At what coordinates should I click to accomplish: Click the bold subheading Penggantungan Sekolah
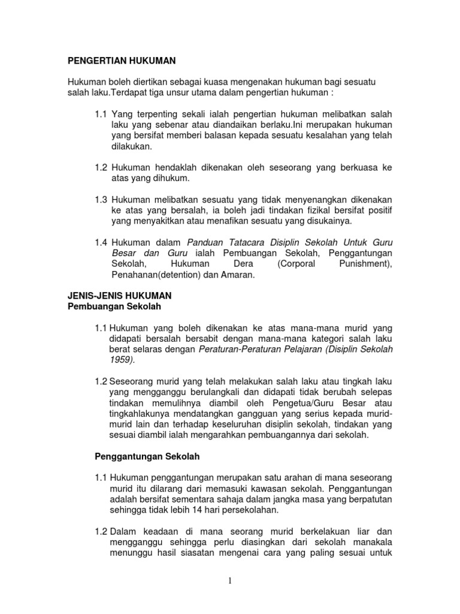coord(147,456)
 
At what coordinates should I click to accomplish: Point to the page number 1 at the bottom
coord(230,580)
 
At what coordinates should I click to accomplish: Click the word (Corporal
coord(298,264)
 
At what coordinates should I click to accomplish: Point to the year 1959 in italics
coord(122,360)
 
